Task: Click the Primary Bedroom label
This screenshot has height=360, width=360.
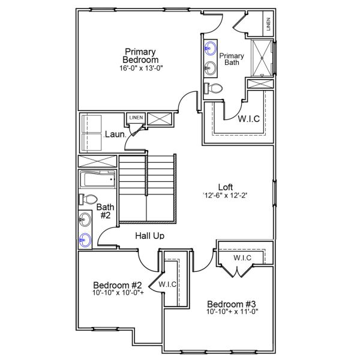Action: point(141,55)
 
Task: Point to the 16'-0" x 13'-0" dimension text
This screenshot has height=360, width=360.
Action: point(141,68)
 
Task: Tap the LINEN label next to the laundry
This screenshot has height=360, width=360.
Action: point(136,118)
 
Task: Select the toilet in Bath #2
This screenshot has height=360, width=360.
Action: point(88,199)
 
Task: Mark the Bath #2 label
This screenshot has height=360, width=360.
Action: point(104,211)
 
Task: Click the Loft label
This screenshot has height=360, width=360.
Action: point(215,186)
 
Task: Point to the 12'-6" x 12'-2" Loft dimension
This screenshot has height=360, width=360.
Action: point(217,195)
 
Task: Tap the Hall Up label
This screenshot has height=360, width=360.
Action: point(149,236)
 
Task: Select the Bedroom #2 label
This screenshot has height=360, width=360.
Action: point(118,284)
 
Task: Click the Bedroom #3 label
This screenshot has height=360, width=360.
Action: point(231,304)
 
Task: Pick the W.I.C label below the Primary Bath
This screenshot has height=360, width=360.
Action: point(248,118)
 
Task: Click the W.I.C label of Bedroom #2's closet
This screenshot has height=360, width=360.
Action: point(167,284)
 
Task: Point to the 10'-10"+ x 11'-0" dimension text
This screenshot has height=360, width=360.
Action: point(231,313)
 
